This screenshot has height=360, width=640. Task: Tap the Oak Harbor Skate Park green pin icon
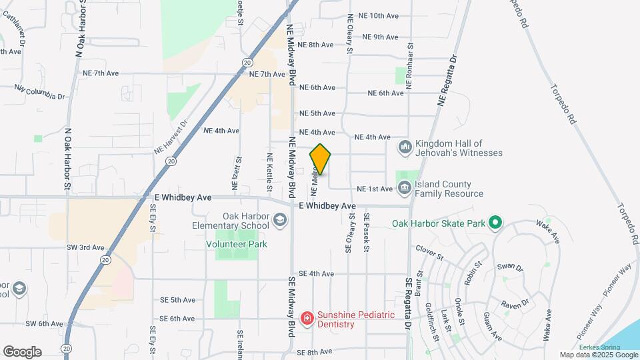pyautogui.click(x=495, y=223)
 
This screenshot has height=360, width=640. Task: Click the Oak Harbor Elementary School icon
pyautogui.click(x=281, y=220)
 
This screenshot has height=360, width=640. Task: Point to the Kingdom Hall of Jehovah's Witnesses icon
pyautogui.click(x=405, y=147)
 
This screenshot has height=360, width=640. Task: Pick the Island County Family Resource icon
pyautogui.click(x=405, y=189)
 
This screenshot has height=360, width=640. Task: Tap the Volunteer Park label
pyautogui.click(x=236, y=245)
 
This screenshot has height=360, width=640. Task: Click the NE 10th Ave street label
pyautogui.click(x=378, y=15)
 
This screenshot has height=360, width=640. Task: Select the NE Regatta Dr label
pyautogui.click(x=449, y=80)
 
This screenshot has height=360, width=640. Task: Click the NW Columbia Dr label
pyautogui.click(x=39, y=92)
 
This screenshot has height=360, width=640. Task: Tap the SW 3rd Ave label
pyautogui.click(x=85, y=247)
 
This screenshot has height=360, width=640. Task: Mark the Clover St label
pyautogui.click(x=429, y=252)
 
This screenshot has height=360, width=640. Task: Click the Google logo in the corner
pyautogui.click(x=22, y=351)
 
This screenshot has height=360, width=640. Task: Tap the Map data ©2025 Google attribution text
pyautogui.click(x=599, y=355)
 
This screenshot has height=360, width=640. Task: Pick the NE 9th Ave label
pyautogui.click(x=381, y=37)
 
